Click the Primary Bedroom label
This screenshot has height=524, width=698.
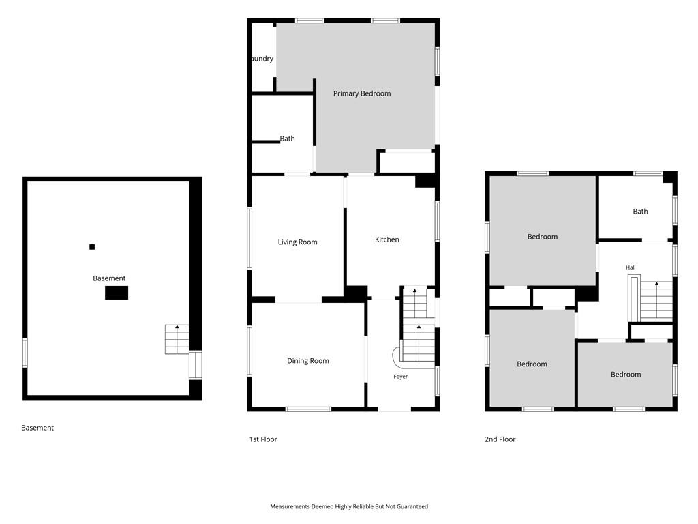[362, 93]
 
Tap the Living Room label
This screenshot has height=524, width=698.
[297, 242]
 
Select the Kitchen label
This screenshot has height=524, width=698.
[387, 239]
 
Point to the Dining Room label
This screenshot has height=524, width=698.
[307, 361]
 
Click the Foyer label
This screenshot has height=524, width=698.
[400, 377]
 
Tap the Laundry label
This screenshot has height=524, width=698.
[262, 59]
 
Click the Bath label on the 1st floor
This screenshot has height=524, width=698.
[287, 139]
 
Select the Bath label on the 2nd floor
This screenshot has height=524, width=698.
[640, 212]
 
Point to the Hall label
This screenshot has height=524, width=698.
[631, 267]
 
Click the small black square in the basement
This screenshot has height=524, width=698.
[92, 247]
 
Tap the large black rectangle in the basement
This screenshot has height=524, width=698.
[117, 293]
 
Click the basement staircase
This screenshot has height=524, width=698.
[177, 340]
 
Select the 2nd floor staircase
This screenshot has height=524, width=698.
[656, 301]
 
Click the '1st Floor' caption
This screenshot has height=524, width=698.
[263, 439]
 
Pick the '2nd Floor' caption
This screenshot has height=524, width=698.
[500, 439]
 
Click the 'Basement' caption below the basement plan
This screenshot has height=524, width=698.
[37, 428]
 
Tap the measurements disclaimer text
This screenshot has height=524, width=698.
[349, 506]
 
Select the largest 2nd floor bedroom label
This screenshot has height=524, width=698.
[542, 237]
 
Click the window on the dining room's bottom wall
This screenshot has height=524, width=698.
[308, 409]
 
